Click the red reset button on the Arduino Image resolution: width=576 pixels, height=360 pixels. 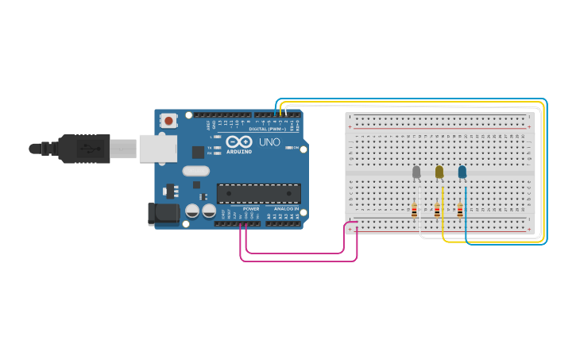pyautogui.click(x=168, y=121)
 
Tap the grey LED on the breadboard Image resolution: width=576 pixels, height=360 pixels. pyautogui.click(x=416, y=172)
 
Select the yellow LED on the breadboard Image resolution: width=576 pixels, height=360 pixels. pyautogui.click(x=439, y=172)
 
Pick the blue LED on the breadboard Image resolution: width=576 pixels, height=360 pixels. pyautogui.click(x=462, y=172)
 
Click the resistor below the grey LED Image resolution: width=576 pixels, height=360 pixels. pyautogui.click(x=414, y=211)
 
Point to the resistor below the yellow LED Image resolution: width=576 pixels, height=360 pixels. pyautogui.click(x=437, y=211)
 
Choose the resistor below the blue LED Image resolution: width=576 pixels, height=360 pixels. pyautogui.click(x=460, y=211)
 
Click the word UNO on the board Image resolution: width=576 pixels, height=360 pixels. pyautogui.click(x=269, y=142)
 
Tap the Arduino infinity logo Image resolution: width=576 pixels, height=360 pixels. pyautogui.click(x=239, y=141)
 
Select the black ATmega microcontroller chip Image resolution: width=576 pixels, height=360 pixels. pyautogui.click(x=259, y=194)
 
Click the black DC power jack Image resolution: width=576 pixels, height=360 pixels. pyautogui.click(x=164, y=213)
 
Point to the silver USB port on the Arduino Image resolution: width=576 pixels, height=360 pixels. pyautogui.click(x=157, y=149)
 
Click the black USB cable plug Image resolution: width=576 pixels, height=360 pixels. pyautogui.click(x=83, y=149)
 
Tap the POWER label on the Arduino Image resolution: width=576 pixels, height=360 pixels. pyautogui.click(x=251, y=209)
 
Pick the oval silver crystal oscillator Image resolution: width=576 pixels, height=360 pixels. pyautogui.click(x=195, y=171)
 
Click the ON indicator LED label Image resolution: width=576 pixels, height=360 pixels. pyautogui.click(x=296, y=148)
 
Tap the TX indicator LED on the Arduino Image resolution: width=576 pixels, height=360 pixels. pyautogui.click(x=218, y=148)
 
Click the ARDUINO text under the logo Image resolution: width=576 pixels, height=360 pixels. pyautogui.click(x=239, y=151)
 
